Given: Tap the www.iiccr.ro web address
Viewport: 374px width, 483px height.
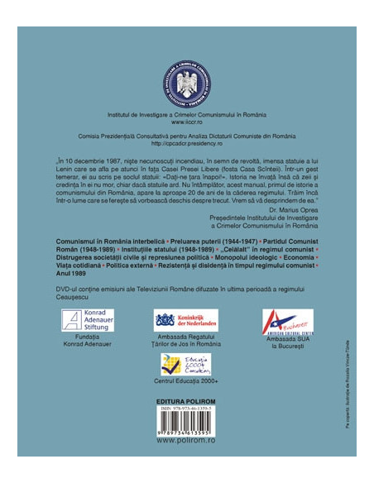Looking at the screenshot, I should [x=187, y=122].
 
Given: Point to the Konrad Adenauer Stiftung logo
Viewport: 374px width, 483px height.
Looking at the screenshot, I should [x=84, y=317].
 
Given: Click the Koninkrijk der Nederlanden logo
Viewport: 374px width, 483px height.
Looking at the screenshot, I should [x=186, y=319].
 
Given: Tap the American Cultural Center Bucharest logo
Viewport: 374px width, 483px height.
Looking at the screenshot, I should [x=287, y=322].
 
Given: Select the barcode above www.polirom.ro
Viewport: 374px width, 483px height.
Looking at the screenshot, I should [x=187, y=425].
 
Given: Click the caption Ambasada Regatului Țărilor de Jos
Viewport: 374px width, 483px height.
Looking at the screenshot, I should [x=186, y=345].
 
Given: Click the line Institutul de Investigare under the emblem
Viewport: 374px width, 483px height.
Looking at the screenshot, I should [x=187, y=113].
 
